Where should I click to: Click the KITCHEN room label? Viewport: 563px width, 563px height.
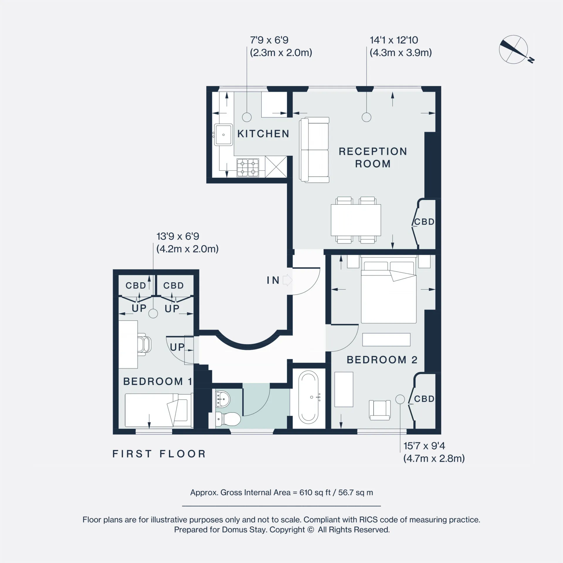[x=263, y=134]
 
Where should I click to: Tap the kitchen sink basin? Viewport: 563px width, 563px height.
[x=223, y=135]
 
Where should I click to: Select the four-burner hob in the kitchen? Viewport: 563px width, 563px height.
[x=248, y=168]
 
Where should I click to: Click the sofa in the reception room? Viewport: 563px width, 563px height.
[x=314, y=150]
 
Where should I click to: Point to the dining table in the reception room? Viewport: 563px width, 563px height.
[x=356, y=220]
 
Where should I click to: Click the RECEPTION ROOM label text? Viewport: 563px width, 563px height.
[x=373, y=157]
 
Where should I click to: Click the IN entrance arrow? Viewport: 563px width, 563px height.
[x=287, y=280]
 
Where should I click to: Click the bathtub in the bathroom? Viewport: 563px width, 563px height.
[x=308, y=397]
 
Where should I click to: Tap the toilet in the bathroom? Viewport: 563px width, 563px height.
[x=228, y=419]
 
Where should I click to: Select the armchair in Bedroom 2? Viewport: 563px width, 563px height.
[x=380, y=410]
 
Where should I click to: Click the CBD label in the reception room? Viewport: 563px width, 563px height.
[x=424, y=222]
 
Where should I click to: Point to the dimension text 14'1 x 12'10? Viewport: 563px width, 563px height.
[x=394, y=40]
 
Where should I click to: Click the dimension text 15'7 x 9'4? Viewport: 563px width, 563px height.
[x=424, y=446]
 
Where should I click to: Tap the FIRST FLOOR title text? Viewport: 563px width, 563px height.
[x=159, y=454]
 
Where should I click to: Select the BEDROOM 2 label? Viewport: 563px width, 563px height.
[x=382, y=360]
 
